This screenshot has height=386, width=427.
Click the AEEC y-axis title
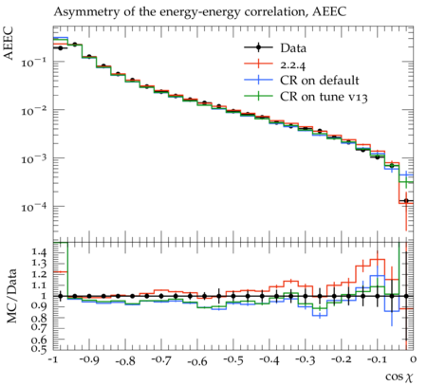(x=9, y=43)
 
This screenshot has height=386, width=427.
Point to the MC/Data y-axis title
(x=11, y=296)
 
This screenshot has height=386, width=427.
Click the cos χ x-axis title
(x=399, y=377)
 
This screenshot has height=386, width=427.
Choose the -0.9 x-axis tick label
(x=88, y=359)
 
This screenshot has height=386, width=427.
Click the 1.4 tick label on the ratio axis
(x=40, y=252)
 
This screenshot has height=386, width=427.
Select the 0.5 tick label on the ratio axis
(x=40, y=348)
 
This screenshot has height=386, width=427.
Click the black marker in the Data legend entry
(x=258, y=47)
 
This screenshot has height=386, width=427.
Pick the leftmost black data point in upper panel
(x=61, y=48)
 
